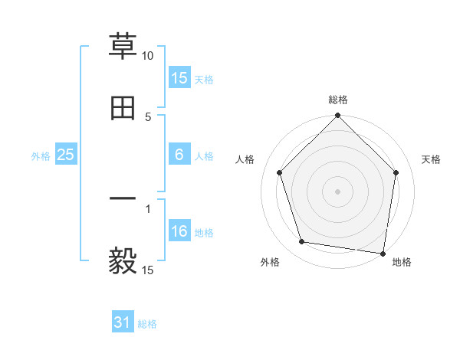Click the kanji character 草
click(x=123, y=45)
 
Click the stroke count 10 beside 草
click(x=148, y=56)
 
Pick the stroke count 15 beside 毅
click(x=148, y=270)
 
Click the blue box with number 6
click(x=179, y=155)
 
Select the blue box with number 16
click(x=179, y=231)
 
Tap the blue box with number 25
click(x=66, y=155)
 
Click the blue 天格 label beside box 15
click(x=204, y=79)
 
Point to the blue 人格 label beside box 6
click(x=204, y=156)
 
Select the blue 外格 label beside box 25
click(x=41, y=156)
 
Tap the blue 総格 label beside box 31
click(x=147, y=324)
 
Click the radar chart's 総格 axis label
click(x=338, y=100)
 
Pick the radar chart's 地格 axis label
click(x=402, y=263)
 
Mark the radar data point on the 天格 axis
click(x=396, y=172)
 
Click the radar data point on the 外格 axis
click(x=302, y=242)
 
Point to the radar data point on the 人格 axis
click(x=280, y=172)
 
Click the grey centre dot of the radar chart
click(x=338, y=191)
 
